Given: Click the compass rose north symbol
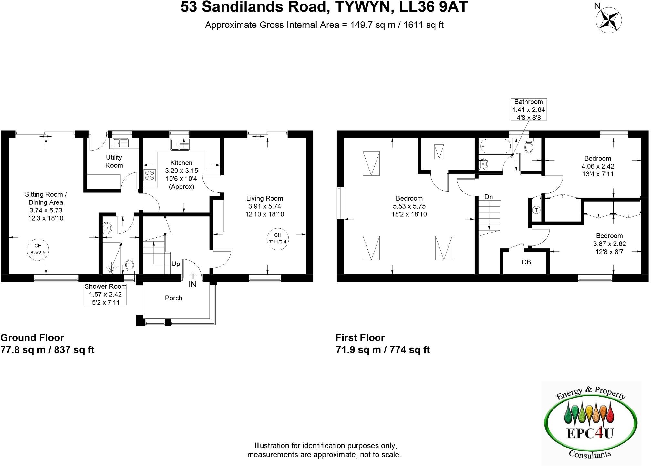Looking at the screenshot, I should [x=608, y=20].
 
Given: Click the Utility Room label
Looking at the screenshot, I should [x=114, y=161].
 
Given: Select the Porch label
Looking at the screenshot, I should [x=173, y=298].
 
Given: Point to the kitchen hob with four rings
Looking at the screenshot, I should [x=150, y=175].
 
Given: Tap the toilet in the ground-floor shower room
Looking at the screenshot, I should [x=129, y=265].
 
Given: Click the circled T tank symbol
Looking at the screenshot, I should [x=536, y=210].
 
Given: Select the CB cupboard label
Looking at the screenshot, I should [x=526, y=262].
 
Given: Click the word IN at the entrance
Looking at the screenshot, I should [x=192, y=284].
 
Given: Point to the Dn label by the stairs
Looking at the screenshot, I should [x=489, y=197].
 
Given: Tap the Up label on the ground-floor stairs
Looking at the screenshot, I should [x=176, y=264].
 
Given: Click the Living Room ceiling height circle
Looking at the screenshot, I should [x=278, y=238].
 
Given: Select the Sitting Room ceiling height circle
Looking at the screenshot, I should [x=38, y=249].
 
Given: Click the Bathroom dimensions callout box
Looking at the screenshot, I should [x=529, y=109].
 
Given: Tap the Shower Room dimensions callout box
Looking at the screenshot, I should [x=105, y=294].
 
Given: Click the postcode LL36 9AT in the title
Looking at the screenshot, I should [x=433, y=7].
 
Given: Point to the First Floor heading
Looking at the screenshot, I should [x=360, y=338].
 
